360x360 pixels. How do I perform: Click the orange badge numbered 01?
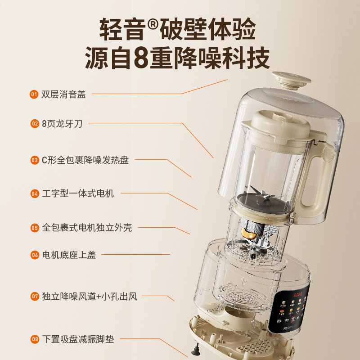coord(34,94)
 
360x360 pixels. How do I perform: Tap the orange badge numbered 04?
coord(34,193)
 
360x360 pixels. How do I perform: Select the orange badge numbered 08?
coord(34,339)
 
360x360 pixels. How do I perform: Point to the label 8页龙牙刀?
coord(62,123)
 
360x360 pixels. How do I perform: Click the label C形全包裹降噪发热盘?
coord(85,160)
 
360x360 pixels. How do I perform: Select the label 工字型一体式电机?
coord(78,193)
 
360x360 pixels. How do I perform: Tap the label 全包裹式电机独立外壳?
coord(87,228)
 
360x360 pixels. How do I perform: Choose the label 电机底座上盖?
coord(69,255)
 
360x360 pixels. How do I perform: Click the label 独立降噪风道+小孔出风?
coord(89,297)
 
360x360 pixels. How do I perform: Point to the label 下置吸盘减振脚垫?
coord(78,339)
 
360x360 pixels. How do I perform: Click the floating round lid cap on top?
coord(291,80)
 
